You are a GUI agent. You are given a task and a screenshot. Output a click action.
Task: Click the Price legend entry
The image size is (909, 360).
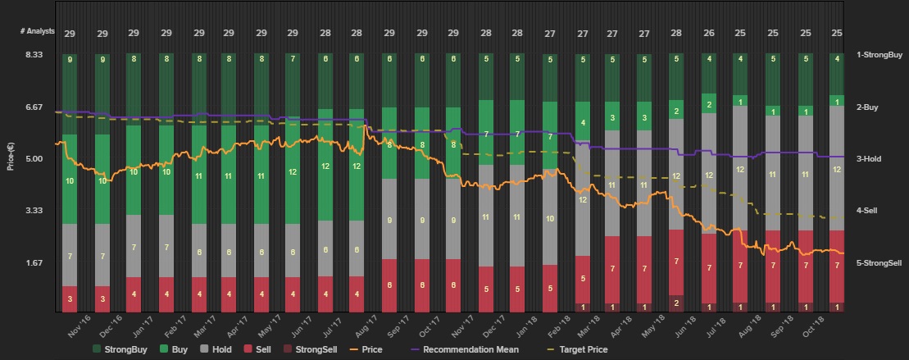(366, 349)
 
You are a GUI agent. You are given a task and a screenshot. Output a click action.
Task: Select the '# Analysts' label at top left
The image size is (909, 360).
(38, 31)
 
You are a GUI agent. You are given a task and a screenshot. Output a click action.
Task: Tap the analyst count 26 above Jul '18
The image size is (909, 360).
(708, 34)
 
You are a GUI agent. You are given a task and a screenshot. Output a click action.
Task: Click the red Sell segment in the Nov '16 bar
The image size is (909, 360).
(70, 298)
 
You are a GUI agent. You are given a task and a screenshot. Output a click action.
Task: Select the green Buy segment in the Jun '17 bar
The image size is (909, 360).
(293, 172)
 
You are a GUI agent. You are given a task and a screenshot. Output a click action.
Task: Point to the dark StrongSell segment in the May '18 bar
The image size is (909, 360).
(676, 303)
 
